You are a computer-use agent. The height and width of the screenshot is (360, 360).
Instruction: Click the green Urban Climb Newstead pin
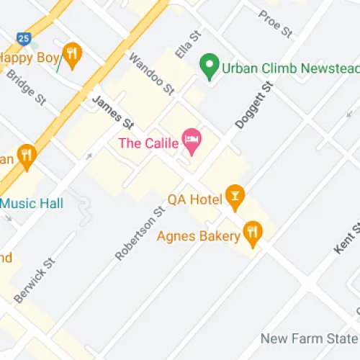(210, 68)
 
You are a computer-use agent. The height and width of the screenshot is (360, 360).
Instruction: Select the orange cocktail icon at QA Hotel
(234, 194)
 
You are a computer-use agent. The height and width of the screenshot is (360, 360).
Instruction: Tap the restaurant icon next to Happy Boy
(71, 54)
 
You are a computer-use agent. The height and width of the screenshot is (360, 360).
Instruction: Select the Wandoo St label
(152, 74)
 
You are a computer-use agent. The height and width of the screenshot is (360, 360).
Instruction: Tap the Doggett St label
(256, 106)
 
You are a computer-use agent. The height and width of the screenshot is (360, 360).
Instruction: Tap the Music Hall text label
(31, 203)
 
